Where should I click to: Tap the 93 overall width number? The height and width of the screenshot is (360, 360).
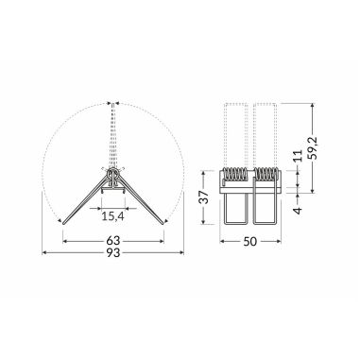pyautogui.click(x=114, y=256)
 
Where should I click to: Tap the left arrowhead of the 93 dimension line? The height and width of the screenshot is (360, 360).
pyautogui.click(x=45, y=254)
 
